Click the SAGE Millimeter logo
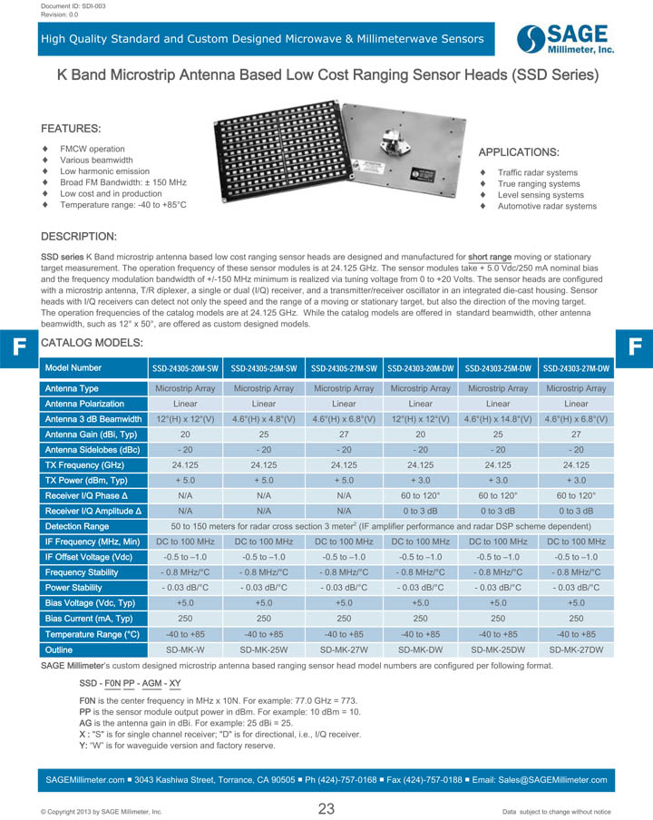(x=565, y=39)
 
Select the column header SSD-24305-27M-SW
(x=344, y=369)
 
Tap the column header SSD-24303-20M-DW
(x=421, y=369)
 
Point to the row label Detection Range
(x=77, y=526)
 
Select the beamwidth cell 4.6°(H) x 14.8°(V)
(x=498, y=419)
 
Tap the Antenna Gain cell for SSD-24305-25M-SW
(x=264, y=434)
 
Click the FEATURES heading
(x=72, y=129)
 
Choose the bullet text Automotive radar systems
(x=547, y=207)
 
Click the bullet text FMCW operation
(x=93, y=149)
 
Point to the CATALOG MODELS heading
(x=92, y=343)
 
